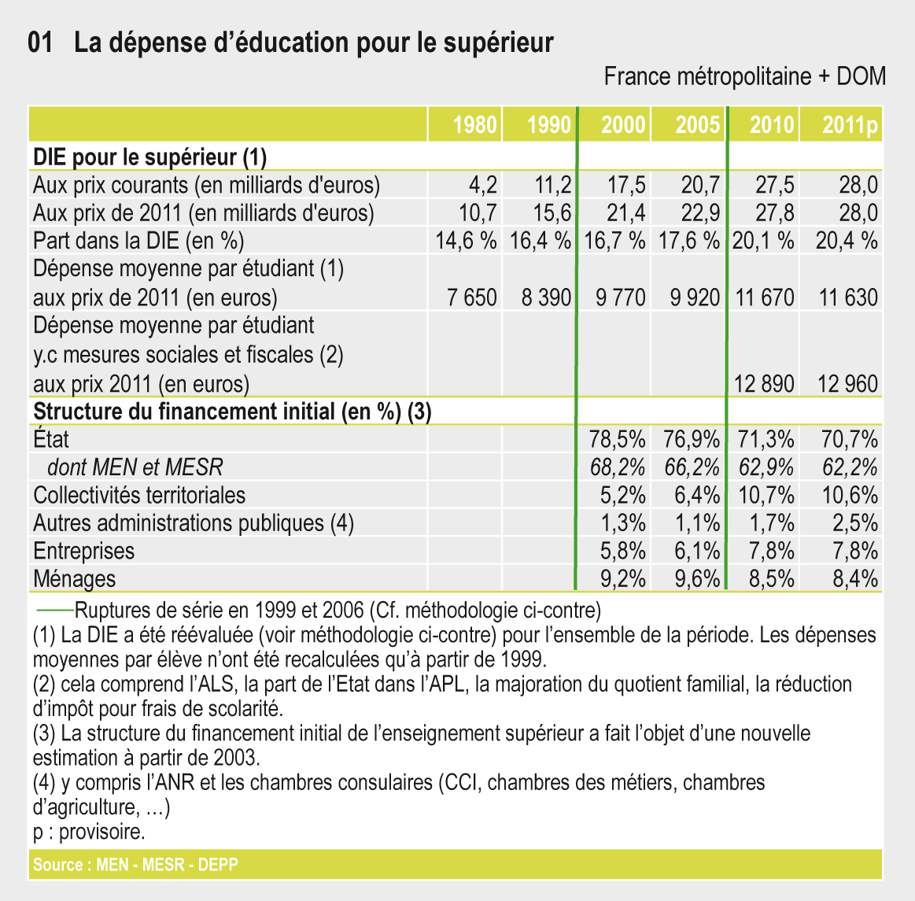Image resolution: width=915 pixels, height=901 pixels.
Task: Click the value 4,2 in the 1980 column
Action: (482, 186)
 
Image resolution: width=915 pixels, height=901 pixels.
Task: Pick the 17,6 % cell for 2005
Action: (688, 241)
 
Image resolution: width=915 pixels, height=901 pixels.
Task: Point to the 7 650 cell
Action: (471, 297)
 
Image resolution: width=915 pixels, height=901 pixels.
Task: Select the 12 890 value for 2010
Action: (763, 384)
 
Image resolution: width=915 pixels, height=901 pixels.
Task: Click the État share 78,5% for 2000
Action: (618, 439)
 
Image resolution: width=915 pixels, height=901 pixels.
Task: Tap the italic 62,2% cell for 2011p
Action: (850, 467)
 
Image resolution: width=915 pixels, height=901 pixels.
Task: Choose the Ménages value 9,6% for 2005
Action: (697, 579)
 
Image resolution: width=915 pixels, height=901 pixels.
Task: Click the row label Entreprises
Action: (83, 551)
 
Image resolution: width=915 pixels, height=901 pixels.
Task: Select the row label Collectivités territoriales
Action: (139, 496)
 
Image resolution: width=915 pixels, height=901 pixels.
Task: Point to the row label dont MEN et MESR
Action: (135, 467)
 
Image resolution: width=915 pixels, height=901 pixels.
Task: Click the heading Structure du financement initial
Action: (232, 412)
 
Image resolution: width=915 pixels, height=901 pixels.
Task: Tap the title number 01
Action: (40, 42)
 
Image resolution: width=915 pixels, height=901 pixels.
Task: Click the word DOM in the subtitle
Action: (861, 76)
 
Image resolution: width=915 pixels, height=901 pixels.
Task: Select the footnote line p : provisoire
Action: (89, 832)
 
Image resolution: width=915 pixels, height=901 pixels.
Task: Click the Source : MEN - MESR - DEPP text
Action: (135, 865)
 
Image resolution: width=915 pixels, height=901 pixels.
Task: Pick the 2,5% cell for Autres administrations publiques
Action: (855, 523)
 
